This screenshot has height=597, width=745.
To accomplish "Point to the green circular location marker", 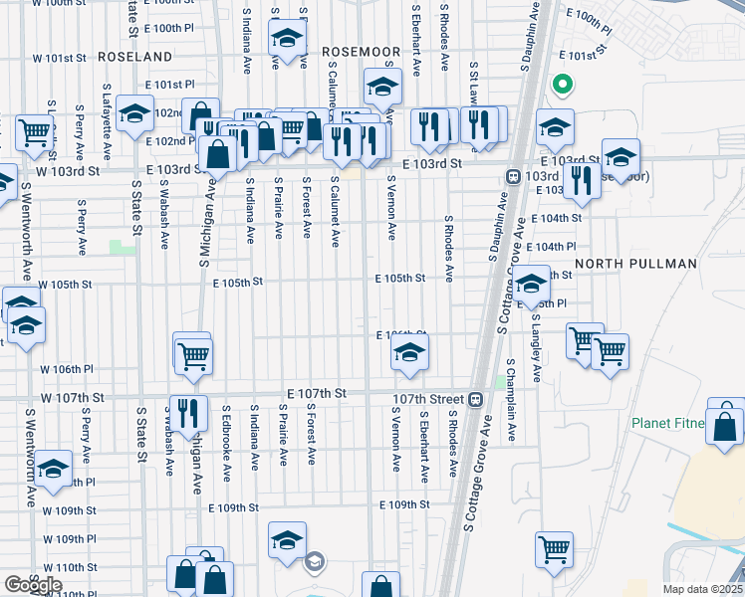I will [x=562, y=86].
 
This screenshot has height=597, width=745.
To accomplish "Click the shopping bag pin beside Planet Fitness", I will [x=726, y=426].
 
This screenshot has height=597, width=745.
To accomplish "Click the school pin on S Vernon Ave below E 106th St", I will [x=408, y=353].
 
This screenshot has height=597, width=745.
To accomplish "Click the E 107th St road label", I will [x=316, y=394].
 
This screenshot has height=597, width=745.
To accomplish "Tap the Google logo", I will [x=33, y=584].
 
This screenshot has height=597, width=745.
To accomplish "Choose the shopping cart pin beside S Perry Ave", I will [x=34, y=132].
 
